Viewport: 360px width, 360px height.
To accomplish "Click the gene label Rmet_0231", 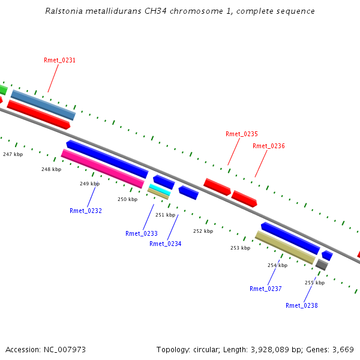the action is click(59, 60).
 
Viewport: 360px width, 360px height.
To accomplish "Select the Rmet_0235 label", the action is click(242, 134).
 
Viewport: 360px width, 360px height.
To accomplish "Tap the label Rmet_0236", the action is click(269, 146).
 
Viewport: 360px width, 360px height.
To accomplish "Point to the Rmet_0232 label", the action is click(86, 211).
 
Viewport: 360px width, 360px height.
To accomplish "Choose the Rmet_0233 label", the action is click(142, 233).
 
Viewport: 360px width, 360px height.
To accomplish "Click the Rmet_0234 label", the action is click(166, 244).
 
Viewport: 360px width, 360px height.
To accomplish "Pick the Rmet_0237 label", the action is click(266, 289).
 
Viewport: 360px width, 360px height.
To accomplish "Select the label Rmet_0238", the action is click(302, 305).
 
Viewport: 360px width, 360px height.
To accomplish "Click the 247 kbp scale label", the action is click(13, 154).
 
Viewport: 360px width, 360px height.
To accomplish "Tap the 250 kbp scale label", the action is click(128, 199).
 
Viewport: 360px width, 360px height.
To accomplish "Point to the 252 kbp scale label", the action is click(203, 231).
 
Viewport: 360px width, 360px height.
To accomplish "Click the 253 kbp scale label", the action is click(241, 248).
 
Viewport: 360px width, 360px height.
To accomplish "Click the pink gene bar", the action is click(103, 169).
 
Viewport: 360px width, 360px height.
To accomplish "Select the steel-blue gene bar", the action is click(43, 105).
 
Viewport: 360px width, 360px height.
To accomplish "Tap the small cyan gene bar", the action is click(160, 190).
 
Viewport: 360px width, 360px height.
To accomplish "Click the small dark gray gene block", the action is click(322, 265).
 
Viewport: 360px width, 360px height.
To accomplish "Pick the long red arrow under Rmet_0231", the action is click(38, 115).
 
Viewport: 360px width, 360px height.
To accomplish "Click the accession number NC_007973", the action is click(65, 350).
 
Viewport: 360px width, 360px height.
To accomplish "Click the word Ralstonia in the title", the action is click(64, 11).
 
